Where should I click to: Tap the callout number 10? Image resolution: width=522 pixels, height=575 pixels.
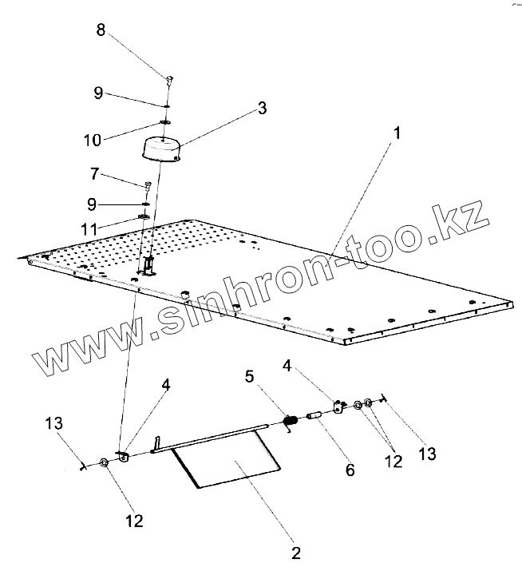93,141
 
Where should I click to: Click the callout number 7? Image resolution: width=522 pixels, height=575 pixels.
96,172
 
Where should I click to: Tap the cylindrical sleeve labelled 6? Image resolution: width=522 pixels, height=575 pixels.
313,416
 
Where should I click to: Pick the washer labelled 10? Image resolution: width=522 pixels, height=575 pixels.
166,121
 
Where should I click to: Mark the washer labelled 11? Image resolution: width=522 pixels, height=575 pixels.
144,216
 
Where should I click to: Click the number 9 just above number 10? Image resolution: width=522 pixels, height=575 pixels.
97,93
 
